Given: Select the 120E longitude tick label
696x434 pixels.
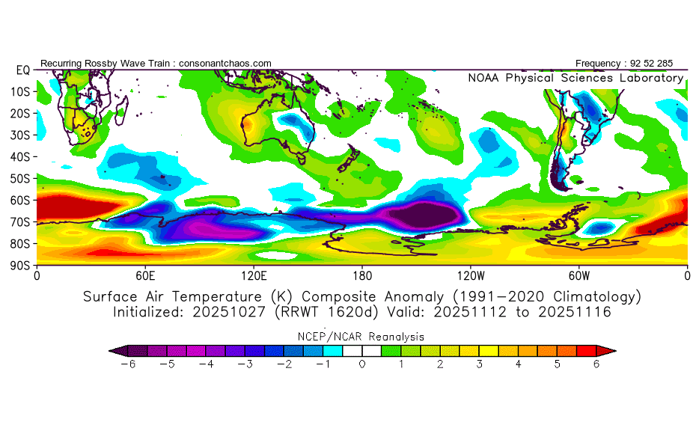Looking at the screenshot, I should pos(254,275).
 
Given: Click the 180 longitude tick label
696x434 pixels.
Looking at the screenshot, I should pos(362,275).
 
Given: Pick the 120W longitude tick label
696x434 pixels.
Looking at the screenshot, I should pos(471,275).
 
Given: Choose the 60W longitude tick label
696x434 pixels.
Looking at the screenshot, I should pos(579,275).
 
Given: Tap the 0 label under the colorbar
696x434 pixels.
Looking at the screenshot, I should pos(362,364).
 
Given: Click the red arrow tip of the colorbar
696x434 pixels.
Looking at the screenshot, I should pos(611,350).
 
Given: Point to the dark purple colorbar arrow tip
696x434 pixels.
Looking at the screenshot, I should pos(114,350).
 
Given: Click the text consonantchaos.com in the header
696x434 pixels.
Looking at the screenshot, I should pos(225,64).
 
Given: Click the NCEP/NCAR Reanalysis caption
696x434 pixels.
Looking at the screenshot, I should pos(361,337).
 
